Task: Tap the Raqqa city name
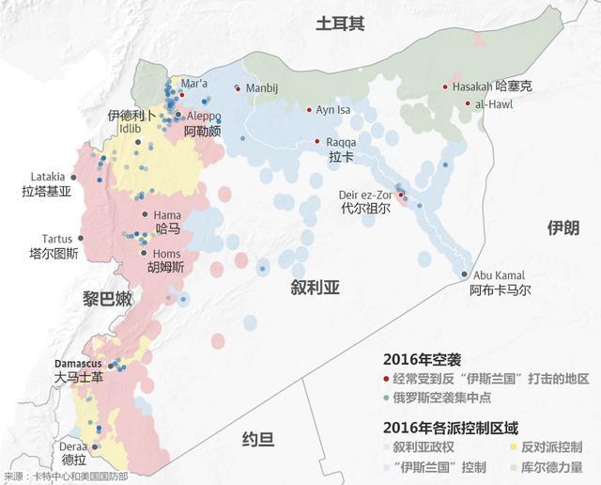click(341, 142)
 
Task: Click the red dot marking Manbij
click(238, 88)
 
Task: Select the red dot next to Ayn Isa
click(310, 110)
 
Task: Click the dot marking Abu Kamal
click(465, 274)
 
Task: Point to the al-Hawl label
click(494, 103)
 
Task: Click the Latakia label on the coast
click(48, 176)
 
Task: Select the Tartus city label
click(56, 239)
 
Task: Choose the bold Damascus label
click(78, 362)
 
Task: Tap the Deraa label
click(74, 446)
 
